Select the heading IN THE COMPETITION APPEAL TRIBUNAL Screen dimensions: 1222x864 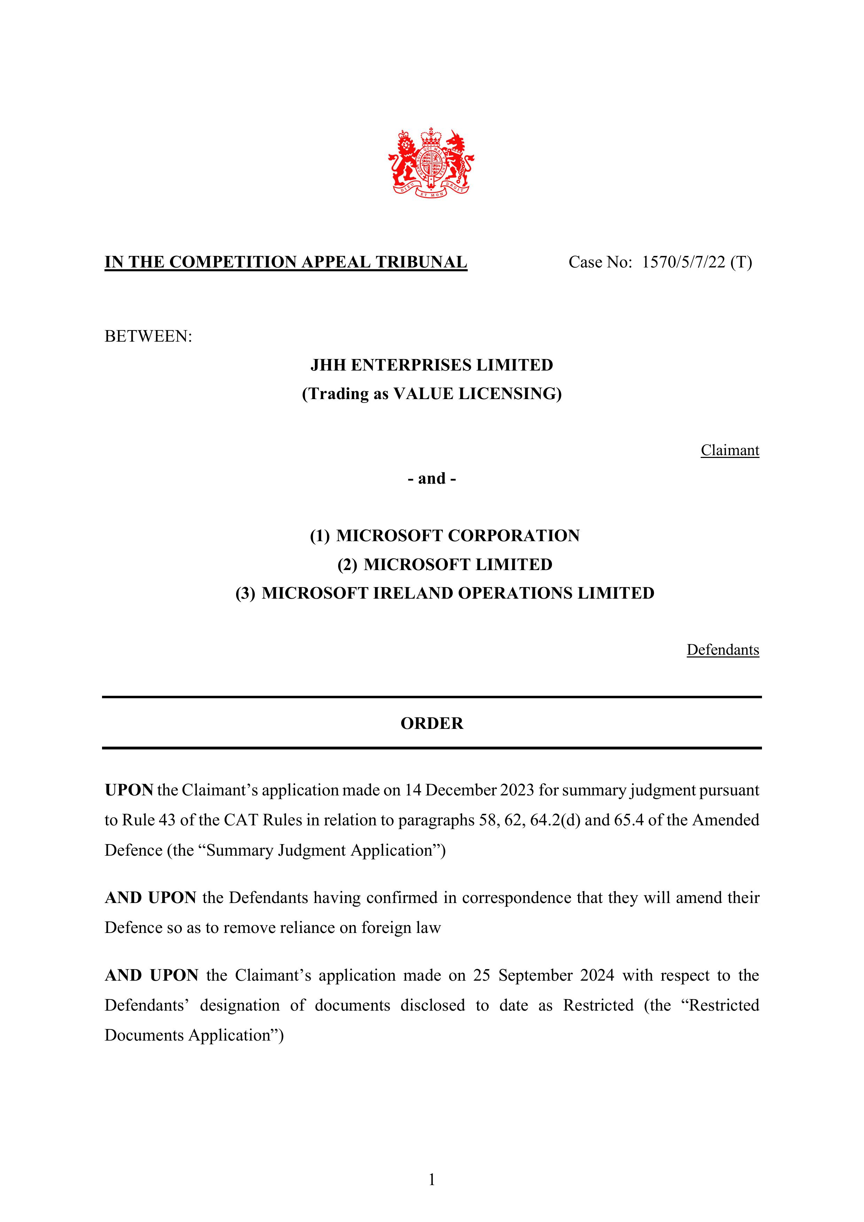(286, 262)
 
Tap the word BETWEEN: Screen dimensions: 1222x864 (148, 336)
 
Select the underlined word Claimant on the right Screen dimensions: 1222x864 (729, 450)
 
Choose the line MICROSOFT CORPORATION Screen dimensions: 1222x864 (458, 535)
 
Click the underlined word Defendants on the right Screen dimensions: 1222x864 (722, 650)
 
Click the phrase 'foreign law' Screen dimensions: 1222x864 (401, 928)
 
